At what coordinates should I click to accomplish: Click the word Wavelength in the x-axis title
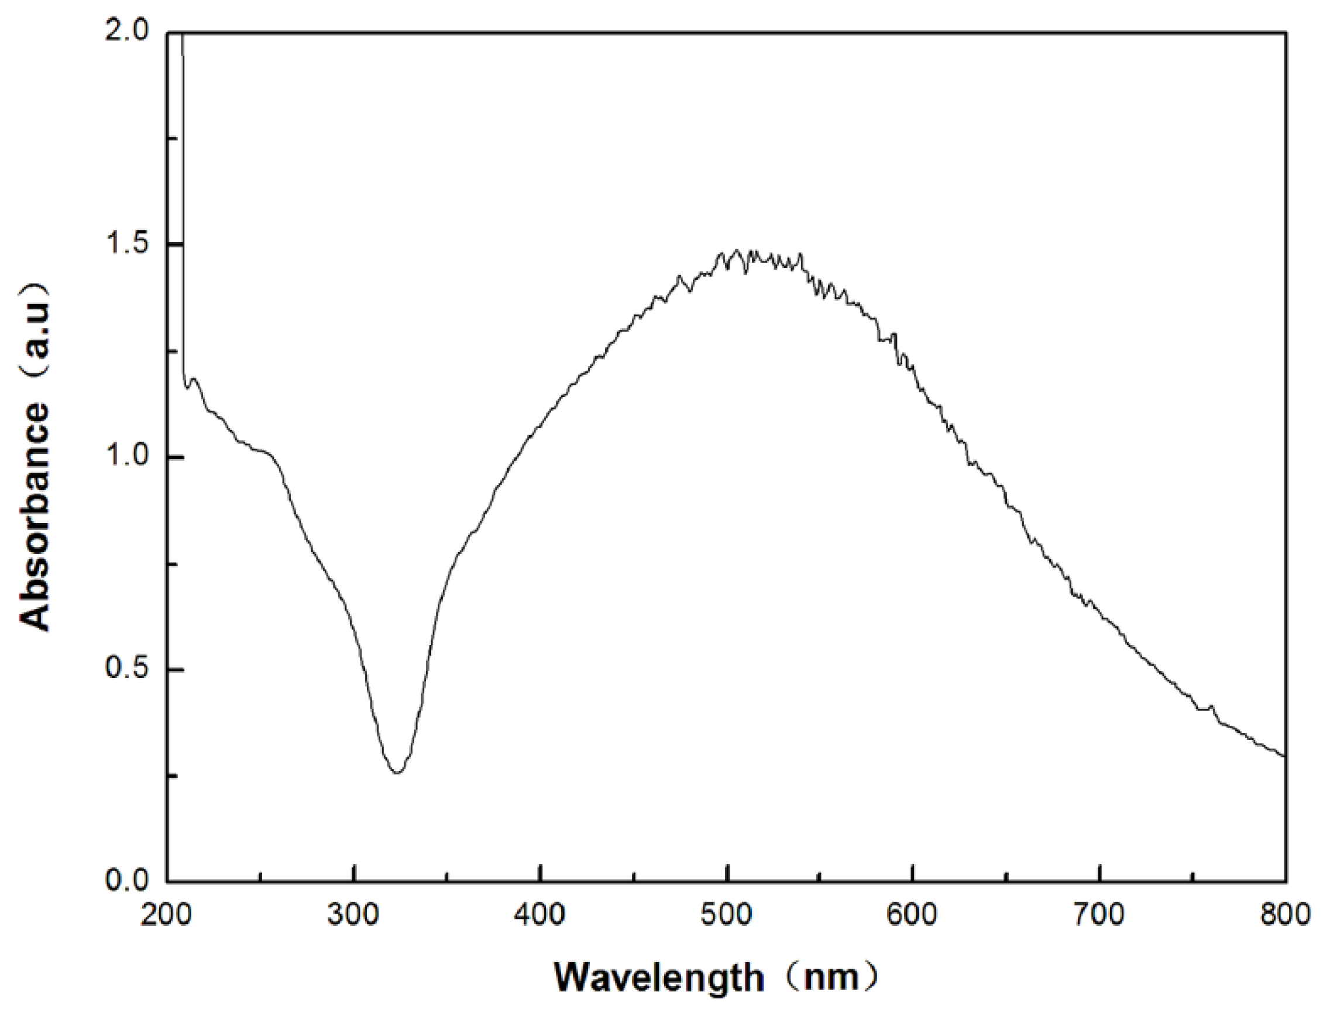point(659,978)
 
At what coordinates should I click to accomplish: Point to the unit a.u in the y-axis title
point(35,329)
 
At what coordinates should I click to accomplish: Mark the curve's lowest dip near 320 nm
point(396,772)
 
